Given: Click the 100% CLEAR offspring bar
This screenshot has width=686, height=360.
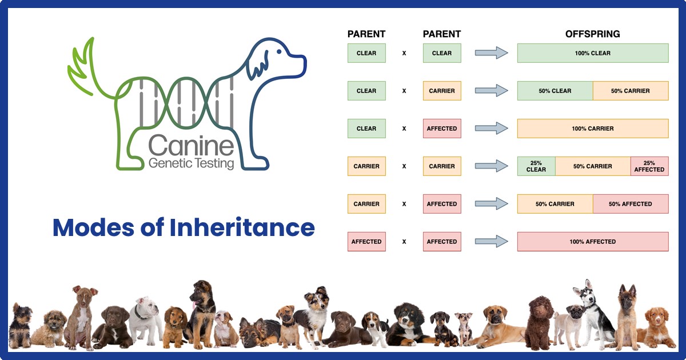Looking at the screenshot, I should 593,53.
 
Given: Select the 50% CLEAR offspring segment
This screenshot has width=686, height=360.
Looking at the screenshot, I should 555,91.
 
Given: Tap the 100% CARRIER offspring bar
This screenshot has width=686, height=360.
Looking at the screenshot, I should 593,129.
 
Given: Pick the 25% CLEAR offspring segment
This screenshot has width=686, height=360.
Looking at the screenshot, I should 536,166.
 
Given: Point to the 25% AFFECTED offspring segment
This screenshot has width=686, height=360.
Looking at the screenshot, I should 649,166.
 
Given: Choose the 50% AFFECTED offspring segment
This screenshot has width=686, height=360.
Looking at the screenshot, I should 630,204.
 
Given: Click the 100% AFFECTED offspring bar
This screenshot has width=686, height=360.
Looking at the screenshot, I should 593,242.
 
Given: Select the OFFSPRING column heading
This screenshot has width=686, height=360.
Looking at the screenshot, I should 592,34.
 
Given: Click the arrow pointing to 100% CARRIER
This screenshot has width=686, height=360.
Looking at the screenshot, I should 491,129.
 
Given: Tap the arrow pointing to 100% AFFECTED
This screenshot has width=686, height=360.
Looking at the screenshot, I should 491,242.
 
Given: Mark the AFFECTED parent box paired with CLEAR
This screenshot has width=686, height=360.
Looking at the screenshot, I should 442,129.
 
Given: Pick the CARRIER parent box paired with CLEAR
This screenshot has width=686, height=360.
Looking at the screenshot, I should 442,91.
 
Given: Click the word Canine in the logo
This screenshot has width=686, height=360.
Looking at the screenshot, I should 191,146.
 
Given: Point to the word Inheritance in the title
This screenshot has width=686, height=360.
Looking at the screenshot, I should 242,227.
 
